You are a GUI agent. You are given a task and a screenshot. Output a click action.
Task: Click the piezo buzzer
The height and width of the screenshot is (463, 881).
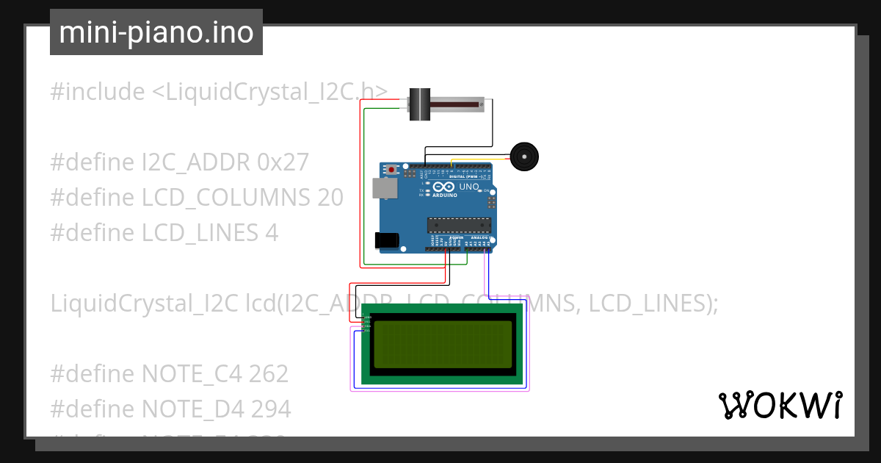click(x=524, y=157)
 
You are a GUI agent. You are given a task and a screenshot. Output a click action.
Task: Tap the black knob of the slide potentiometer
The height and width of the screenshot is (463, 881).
click(x=419, y=104)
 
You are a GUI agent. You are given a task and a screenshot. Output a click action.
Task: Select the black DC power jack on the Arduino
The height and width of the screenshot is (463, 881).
click(x=386, y=240)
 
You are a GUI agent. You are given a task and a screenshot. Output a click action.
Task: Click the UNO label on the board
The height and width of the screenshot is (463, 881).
click(x=468, y=187)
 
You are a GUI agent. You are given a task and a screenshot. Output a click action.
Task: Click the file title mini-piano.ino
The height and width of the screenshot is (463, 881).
click(x=156, y=32)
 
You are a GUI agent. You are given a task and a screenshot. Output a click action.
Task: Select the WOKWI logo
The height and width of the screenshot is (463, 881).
click(x=780, y=405)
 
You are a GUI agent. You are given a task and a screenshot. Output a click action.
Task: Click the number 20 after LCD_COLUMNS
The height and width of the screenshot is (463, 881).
click(x=330, y=197)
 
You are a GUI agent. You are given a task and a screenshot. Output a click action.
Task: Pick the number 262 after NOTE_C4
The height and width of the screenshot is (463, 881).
click(x=268, y=373)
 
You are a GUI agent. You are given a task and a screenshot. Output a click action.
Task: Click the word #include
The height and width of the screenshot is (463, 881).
click(x=98, y=92)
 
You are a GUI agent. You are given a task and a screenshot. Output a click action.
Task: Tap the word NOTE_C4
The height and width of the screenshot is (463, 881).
click(x=196, y=373)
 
